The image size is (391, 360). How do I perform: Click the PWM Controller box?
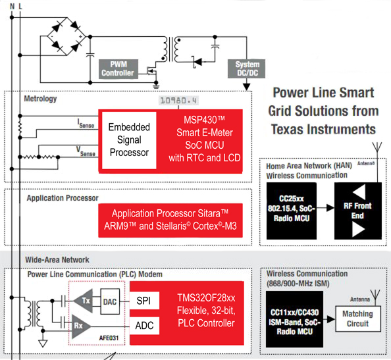coord(117,69)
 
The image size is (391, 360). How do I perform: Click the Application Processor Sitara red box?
coord(170,220)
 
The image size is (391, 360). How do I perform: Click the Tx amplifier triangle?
coord(84,300)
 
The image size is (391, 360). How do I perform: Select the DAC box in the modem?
coord(111,301)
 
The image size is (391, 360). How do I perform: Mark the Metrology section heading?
coord(40,99)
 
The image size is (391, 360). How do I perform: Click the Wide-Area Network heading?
coord(57,260)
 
